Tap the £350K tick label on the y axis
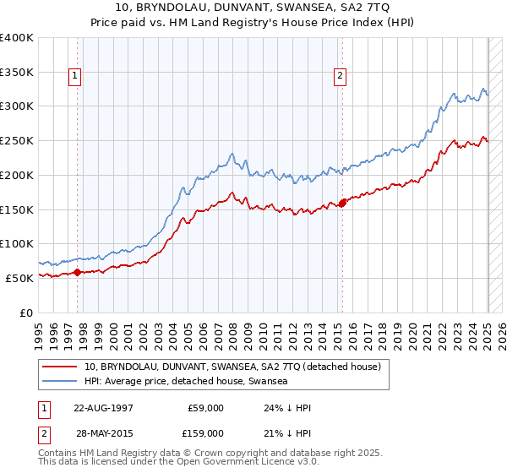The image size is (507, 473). pyautogui.click(x=16, y=72)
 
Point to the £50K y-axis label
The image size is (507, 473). pyautogui.click(x=19, y=277)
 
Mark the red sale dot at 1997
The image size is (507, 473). pyautogui.click(x=77, y=272)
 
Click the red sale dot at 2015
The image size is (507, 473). pyautogui.click(x=343, y=203)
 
